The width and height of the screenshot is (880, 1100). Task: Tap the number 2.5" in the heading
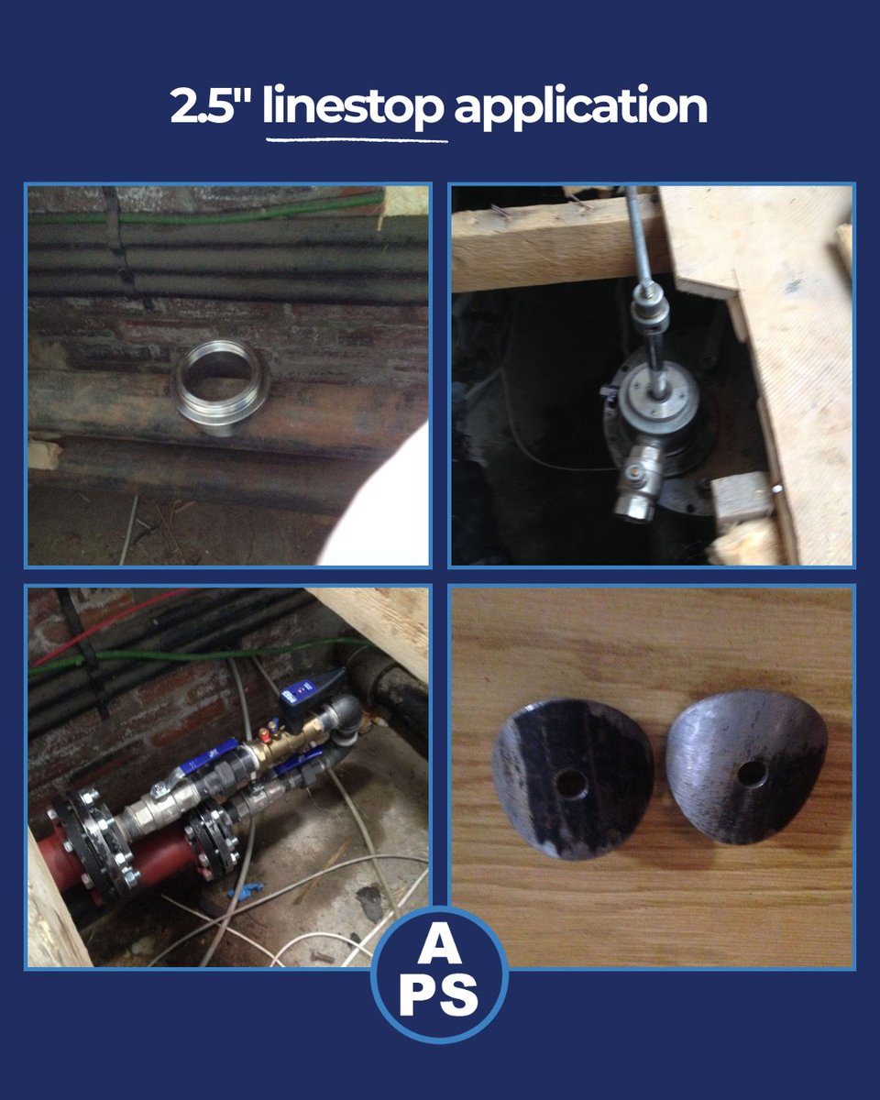[210, 108]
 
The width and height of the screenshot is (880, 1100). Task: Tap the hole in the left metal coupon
[572, 783]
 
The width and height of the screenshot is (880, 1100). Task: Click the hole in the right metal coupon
[752, 774]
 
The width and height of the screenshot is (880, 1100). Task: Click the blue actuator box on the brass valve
[303, 693]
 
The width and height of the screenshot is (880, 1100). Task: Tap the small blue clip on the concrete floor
[246, 887]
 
